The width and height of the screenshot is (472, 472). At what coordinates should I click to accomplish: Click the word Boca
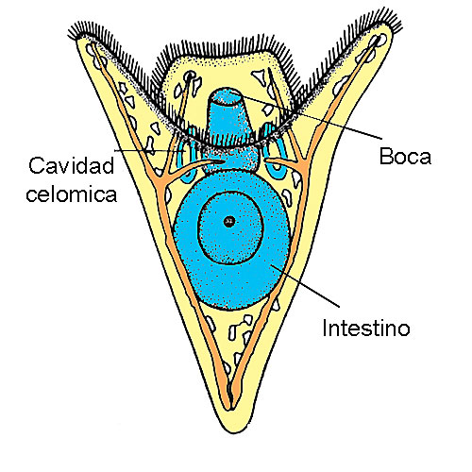[x=405, y=156]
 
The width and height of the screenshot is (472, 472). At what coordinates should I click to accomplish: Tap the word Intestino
[x=366, y=329]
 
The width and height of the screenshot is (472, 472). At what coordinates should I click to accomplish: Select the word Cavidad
[x=71, y=165]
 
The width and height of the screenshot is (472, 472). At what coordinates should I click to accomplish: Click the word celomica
[x=72, y=194]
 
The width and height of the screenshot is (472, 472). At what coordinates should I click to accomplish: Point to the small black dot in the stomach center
[x=229, y=222]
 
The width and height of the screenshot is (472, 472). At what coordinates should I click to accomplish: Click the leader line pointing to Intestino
[x=305, y=285]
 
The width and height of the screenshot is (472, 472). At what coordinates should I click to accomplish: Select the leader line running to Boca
[x=310, y=116]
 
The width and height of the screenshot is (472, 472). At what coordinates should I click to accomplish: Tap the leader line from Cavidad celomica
[x=150, y=151]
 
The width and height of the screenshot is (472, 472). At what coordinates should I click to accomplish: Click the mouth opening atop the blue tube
[x=226, y=95]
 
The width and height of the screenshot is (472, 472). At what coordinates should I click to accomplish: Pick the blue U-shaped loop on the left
[x=188, y=158]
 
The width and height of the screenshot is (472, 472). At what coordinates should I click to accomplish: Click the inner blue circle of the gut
[x=230, y=228]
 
